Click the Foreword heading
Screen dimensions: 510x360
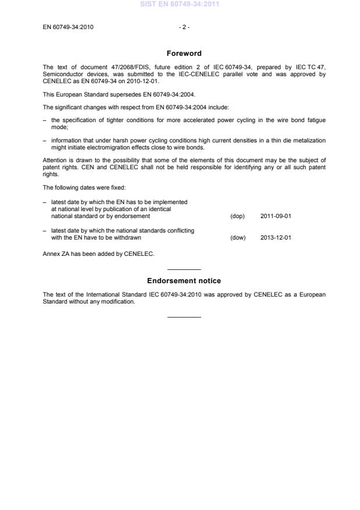(184, 54)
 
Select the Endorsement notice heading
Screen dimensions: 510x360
(184, 281)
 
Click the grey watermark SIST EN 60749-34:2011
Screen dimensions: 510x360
(180, 5)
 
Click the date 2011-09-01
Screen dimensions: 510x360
(276, 216)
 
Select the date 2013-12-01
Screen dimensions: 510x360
(276, 237)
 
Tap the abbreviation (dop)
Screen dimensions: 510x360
(237, 216)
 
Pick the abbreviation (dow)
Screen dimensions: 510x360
(238, 237)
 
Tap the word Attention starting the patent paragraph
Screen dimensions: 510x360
(55, 160)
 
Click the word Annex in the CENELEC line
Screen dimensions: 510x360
(51, 254)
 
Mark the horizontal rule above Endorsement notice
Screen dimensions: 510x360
(184, 269)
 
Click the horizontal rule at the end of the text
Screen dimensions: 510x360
(184, 317)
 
